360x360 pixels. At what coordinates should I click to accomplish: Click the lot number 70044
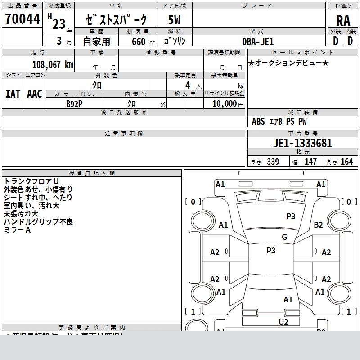[x=22, y=19]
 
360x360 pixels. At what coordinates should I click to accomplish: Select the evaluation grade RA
[x=343, y=20]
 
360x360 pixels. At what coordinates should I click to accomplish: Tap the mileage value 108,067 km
[x=53, y=64]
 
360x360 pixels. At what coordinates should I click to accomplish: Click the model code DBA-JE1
[x=258, y=41]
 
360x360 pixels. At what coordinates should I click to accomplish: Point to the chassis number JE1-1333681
[x=302, y=143]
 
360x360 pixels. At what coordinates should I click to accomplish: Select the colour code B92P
[x=75, y=103]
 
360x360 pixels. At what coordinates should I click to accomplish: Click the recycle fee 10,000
[x=224, y=103]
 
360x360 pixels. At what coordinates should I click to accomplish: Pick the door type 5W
[x=175, y=20]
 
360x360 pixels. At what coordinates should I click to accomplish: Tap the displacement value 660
[x=139, y=42]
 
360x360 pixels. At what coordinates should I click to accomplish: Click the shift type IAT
[x=13, y=94]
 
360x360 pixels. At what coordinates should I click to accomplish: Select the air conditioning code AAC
[x=35, y=94]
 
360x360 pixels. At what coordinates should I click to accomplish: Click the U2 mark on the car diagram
[x=283, y=322]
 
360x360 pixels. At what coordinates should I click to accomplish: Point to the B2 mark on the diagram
[x=319, y=225]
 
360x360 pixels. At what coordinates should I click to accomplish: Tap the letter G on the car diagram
[x=284, y=237]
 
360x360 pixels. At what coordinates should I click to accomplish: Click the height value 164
[x=346, y=162]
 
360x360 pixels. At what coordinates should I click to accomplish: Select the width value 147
[x=310, y=162]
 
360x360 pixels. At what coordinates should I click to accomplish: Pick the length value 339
[x=273, y=162]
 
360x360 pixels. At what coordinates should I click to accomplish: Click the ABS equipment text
[x=258, y=121]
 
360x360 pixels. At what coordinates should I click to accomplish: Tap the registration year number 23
[x=58, y=24]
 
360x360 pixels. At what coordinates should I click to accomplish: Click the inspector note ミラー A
[x=17, y=230]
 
